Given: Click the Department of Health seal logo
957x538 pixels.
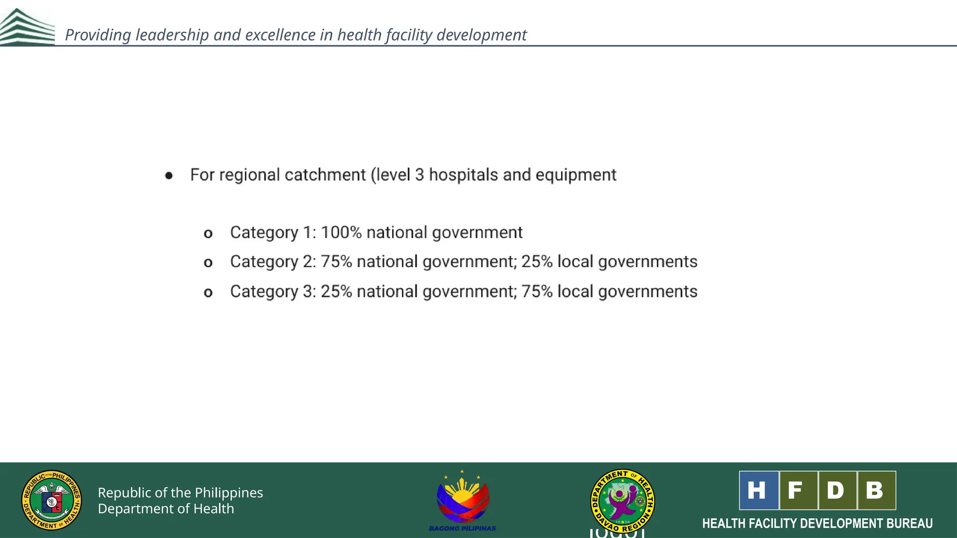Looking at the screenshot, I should point(51,500).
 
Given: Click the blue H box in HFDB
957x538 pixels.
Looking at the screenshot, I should point(758,490).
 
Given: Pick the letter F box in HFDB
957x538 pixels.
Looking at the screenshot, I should point(798,490).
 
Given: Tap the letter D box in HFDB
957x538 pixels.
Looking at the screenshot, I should point(837,490).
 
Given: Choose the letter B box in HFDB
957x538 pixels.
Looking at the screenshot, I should point(876,490).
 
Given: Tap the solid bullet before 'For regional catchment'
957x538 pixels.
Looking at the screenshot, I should point(169,176).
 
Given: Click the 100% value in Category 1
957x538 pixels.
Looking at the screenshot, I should point(341,233).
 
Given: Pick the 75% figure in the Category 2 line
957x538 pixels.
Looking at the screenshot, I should point(336,262).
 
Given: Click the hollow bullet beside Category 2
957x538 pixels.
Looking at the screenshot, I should point(208,263).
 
